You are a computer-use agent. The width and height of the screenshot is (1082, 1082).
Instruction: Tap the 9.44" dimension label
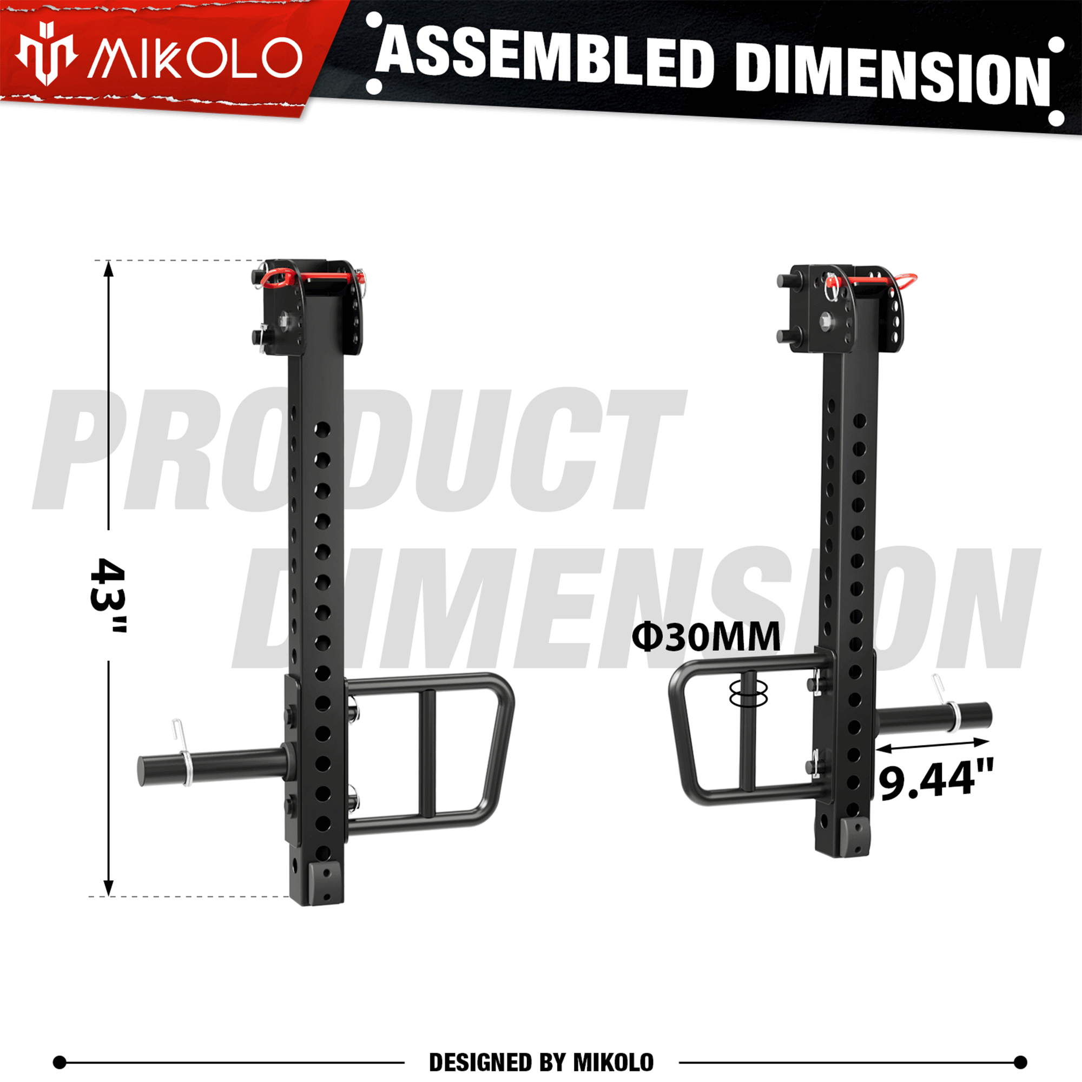pos(936,779)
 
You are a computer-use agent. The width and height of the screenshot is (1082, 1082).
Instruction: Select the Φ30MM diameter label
pos(705,637)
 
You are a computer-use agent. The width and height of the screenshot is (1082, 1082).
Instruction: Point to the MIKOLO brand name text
pos(195,58)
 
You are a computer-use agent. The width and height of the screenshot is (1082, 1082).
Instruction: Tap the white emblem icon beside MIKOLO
pos(46,54)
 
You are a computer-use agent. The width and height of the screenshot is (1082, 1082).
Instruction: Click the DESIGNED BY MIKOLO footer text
pos(541,1063)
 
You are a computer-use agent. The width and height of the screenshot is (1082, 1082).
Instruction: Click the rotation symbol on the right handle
pos(748,695)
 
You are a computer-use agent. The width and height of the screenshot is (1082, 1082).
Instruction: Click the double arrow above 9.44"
pos(933,745)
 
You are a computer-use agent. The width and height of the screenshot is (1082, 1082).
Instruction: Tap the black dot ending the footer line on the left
pos(60,1062)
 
